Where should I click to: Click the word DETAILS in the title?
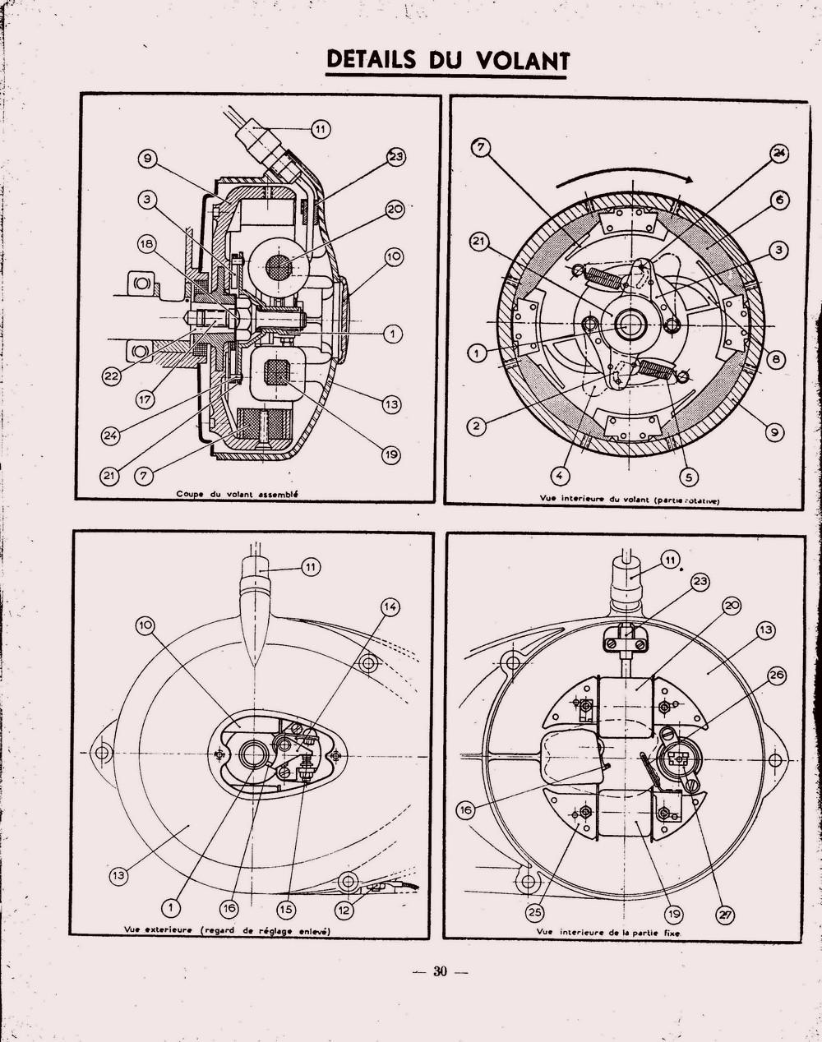pos(372,58)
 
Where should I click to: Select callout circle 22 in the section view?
pos(112,376)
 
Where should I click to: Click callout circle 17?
pos(145,399)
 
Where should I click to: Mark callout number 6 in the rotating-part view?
pos(779,200)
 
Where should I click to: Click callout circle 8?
pos(777,360)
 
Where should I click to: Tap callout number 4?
pos(560,477)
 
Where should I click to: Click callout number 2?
pos(477,426)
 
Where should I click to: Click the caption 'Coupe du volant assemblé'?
pos(237,495)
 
